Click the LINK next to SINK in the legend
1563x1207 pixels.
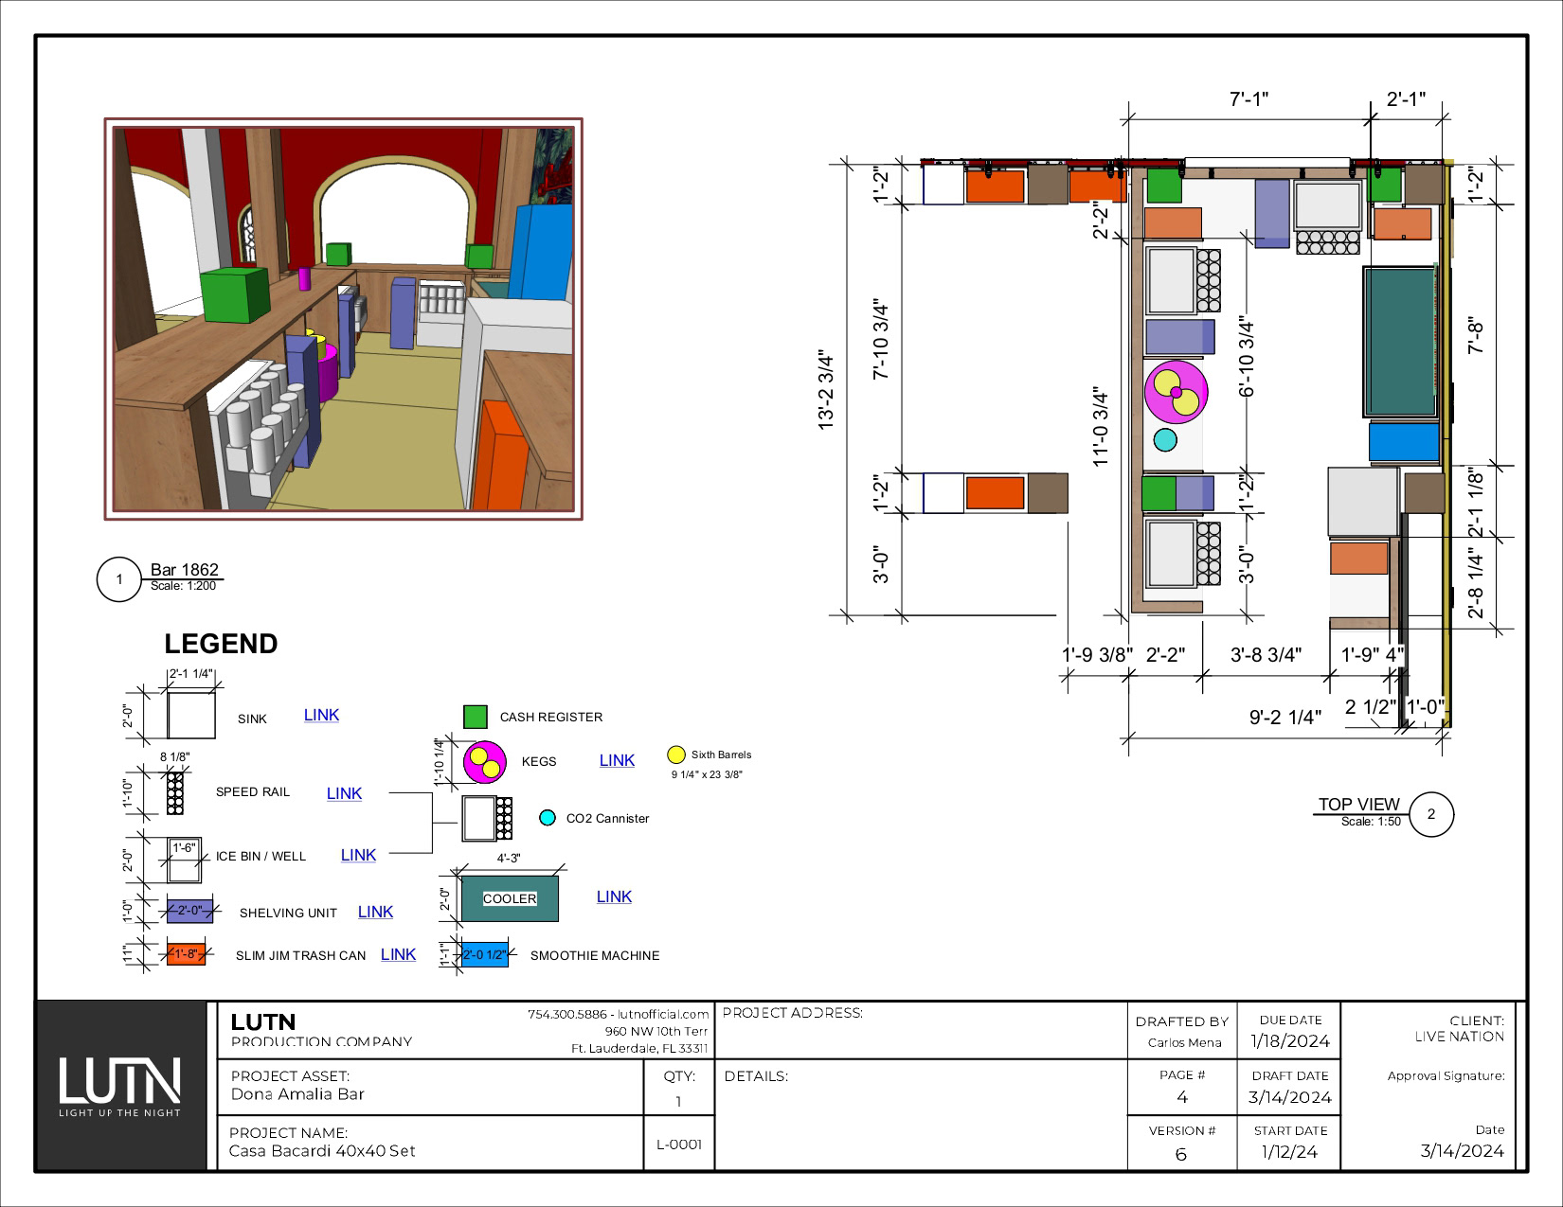[x=321, y=716]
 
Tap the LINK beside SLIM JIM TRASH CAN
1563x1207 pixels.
[x=398, y=954]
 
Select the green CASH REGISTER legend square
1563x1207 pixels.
[x=476, y=717]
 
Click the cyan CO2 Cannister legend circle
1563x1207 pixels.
[x=548, y=818]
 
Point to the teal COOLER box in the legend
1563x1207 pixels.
[x=510, y=898]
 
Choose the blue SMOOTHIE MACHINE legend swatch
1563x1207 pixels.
[x=484, y=954]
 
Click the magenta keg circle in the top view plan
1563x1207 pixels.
[x=1176, y=392]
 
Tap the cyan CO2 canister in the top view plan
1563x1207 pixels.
[x=1165, y=440]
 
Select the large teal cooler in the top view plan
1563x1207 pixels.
[x=1400, y=342]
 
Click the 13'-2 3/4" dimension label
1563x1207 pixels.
[x=826, y=391]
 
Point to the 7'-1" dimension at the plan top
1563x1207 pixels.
[x=1249, y=98]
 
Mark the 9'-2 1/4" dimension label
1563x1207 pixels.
[x=1285, y=717]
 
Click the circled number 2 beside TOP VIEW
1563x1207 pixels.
[x=1431, y=814]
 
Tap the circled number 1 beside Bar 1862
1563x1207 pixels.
[x=118, y=579]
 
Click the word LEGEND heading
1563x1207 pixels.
[x=221, y=644]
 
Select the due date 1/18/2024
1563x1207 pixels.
[x=1289, y=1041]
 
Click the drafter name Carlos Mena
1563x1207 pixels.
[x=1184, y=1042]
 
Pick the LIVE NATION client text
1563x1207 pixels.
[x=1460, y=1037]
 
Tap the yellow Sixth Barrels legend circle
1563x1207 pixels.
[x=676, y=754]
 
